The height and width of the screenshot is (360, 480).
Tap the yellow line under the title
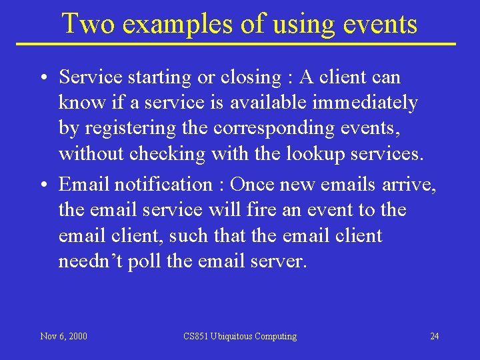tap(240, 44)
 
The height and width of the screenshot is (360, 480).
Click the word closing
tap(251, 77)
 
